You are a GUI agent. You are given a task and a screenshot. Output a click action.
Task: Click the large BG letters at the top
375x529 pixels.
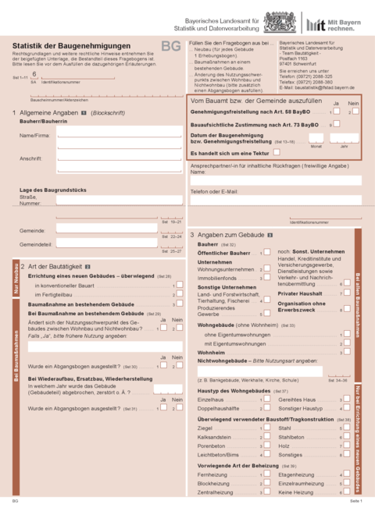point(170,48)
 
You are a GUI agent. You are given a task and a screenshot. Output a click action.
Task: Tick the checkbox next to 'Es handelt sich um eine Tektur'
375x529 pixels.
point(277,152)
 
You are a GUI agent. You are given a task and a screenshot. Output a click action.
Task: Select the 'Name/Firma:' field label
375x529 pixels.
point(34,135)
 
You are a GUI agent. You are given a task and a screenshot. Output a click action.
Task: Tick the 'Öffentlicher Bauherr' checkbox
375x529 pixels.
point(266,253)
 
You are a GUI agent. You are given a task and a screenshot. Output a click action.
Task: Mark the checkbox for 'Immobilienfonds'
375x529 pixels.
point(266,278)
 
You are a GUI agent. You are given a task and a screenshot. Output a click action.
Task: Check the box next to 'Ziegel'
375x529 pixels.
point(266,428)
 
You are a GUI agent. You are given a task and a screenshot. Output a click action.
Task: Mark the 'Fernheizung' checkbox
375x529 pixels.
point(266,474)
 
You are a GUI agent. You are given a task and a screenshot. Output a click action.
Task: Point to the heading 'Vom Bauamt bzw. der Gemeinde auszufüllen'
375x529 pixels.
point(255,102)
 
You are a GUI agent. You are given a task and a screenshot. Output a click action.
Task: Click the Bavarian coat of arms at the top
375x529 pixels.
point(274,21)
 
